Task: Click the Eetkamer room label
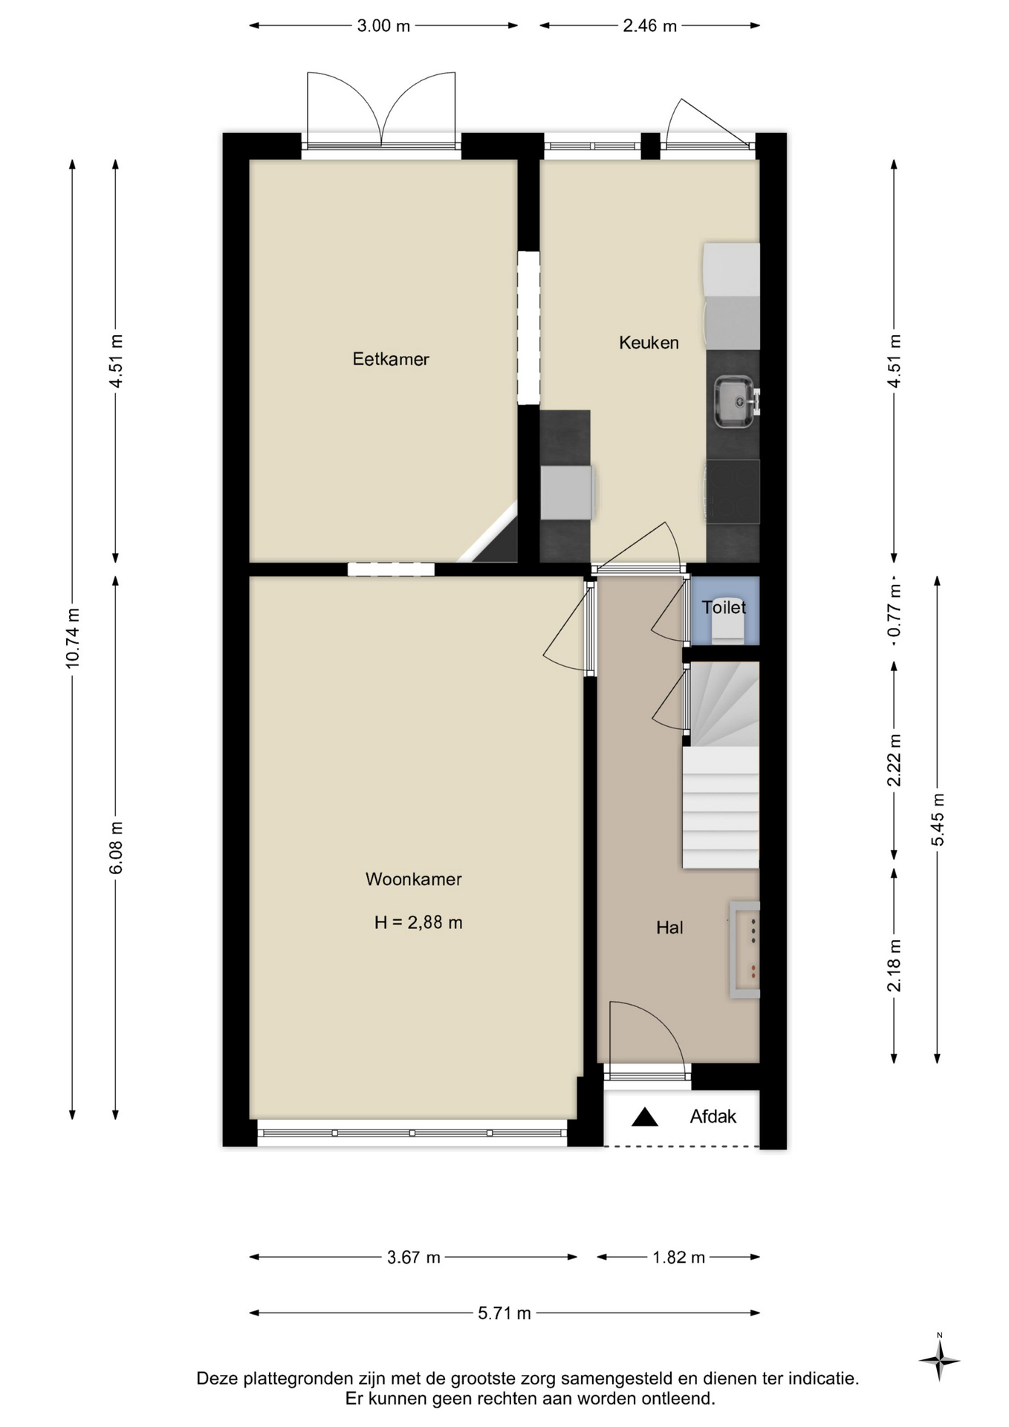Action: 391,359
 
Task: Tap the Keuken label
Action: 649,343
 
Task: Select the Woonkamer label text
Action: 414,879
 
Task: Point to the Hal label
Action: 669,928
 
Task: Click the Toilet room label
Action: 724,607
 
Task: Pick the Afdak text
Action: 713,1116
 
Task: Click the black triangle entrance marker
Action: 645,1116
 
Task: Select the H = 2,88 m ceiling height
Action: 418,922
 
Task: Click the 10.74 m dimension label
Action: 73,638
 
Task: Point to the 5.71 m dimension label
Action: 504,1313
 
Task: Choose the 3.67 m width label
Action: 414,1258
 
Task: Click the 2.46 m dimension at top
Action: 650,26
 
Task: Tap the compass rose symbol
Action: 939,1361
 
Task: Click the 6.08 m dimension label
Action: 116,848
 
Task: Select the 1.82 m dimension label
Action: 678,1258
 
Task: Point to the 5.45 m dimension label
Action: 938,819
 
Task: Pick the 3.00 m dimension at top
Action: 383,26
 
